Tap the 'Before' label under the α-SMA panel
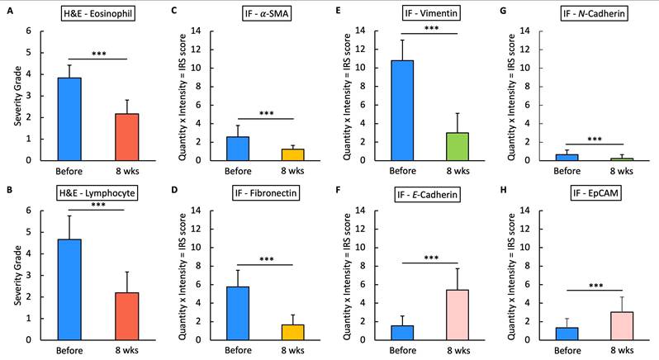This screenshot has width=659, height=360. [x=239, y=172]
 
